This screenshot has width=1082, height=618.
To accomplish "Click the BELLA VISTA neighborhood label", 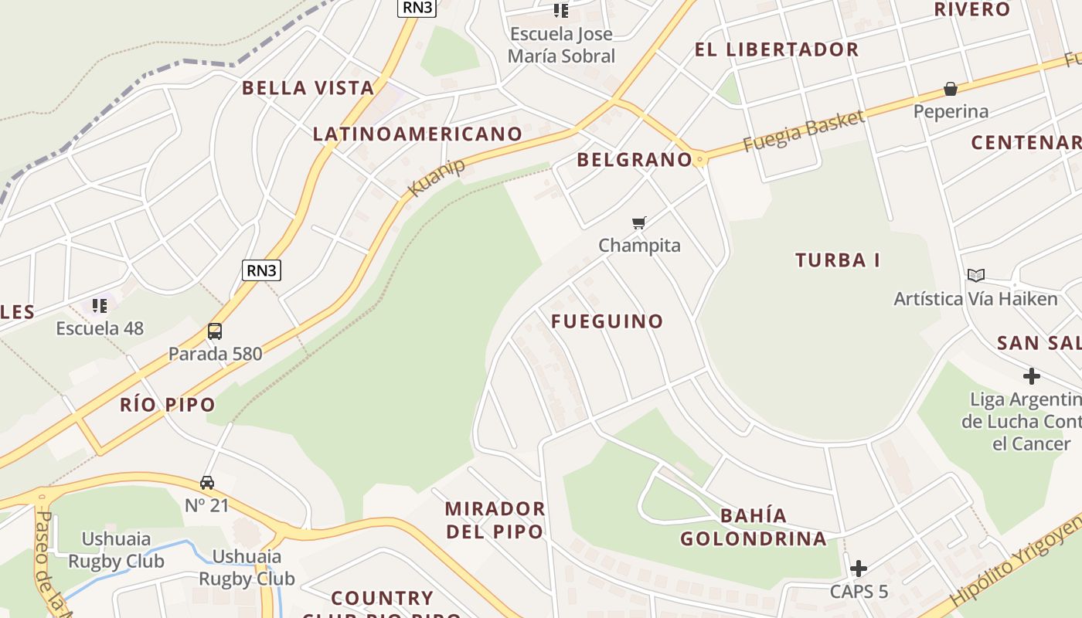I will point(308,87).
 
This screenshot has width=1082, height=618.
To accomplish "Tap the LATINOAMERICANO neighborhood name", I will point(417,134).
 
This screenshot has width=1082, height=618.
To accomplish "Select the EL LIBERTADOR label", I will point(776,49).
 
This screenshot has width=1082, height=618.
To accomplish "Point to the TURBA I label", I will point(838,260).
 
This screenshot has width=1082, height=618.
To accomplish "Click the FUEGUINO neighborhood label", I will point(607,321).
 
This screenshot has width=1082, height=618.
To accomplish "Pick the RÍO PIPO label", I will point(168,405).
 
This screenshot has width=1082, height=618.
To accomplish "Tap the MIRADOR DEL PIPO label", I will point(495,520).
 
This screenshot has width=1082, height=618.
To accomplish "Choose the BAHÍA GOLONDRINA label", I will point(754,527).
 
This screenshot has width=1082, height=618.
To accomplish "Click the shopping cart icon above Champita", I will point(638,223).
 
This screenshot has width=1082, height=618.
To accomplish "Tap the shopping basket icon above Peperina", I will point(951,89).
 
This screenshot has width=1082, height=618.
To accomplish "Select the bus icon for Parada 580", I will point(215,331).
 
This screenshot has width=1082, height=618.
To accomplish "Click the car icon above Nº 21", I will point(207,483).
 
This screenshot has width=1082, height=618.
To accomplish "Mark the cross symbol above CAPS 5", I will point(858,569).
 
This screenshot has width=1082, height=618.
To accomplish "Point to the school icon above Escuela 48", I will point(100,306).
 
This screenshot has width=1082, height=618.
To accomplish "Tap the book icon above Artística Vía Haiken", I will point(976,275).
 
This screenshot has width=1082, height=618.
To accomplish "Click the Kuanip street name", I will point(437,178).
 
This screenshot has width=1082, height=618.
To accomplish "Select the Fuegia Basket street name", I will point(803,131).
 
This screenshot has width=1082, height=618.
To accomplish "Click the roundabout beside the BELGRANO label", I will point(700,160).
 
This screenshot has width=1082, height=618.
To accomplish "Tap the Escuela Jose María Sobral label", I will point(561,45).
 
